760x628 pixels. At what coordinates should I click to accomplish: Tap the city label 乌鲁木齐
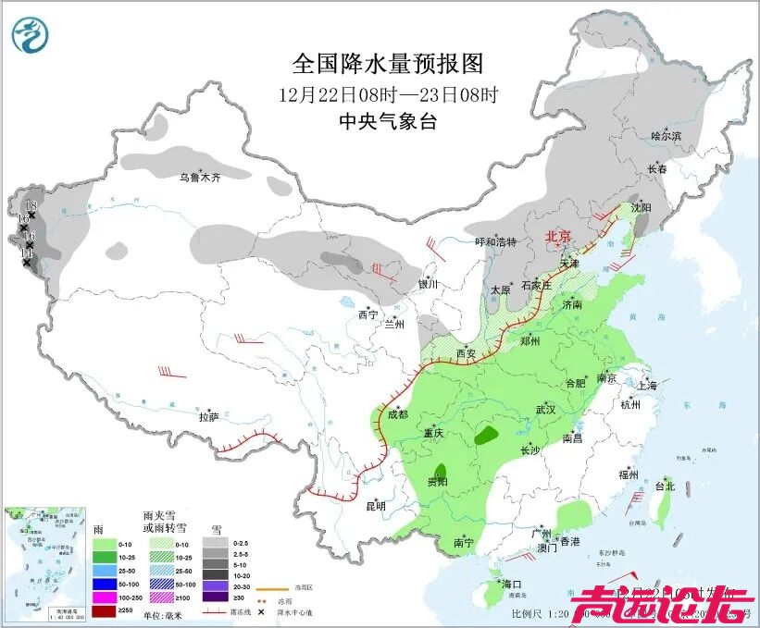(x=200, y=177)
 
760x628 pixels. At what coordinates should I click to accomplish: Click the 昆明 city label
(x=374, y=506)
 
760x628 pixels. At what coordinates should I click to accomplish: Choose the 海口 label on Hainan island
(x=512, y=585)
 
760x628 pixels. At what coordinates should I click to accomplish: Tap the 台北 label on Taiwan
(x=665, y=486)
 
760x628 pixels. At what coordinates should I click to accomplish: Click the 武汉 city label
(x=545, y=409)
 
